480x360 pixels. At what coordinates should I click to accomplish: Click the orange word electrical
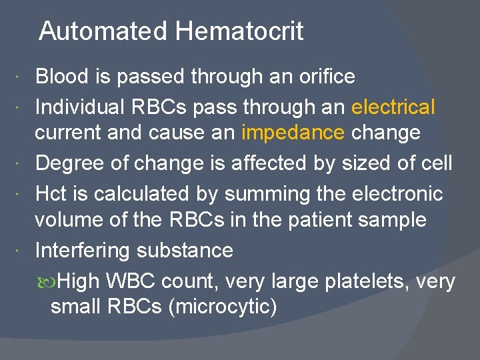point(393,107)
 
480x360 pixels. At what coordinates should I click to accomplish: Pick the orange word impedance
point(293,133)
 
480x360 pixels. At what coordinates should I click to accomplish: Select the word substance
point(185,250)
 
